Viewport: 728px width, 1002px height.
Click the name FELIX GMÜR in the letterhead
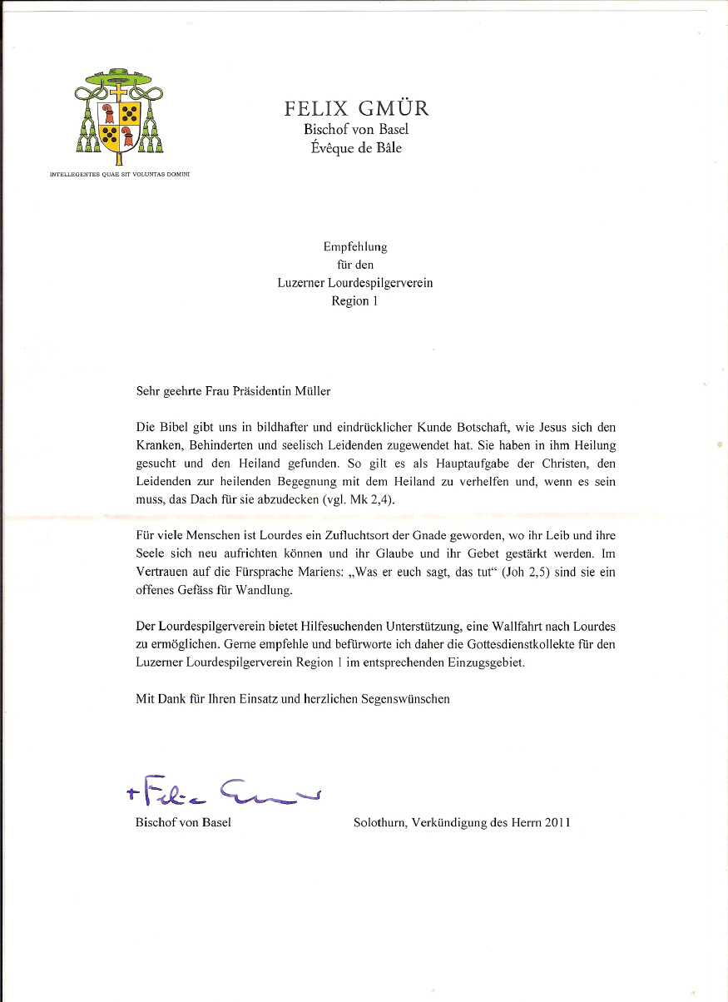point(356,109)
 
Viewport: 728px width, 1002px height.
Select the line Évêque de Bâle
point(356,148)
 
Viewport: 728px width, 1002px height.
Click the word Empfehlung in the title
point(355,246)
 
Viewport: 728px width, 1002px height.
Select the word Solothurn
point(379,823)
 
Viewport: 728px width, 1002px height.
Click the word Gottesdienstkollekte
point(503,644)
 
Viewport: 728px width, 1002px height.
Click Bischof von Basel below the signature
point(183,823)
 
